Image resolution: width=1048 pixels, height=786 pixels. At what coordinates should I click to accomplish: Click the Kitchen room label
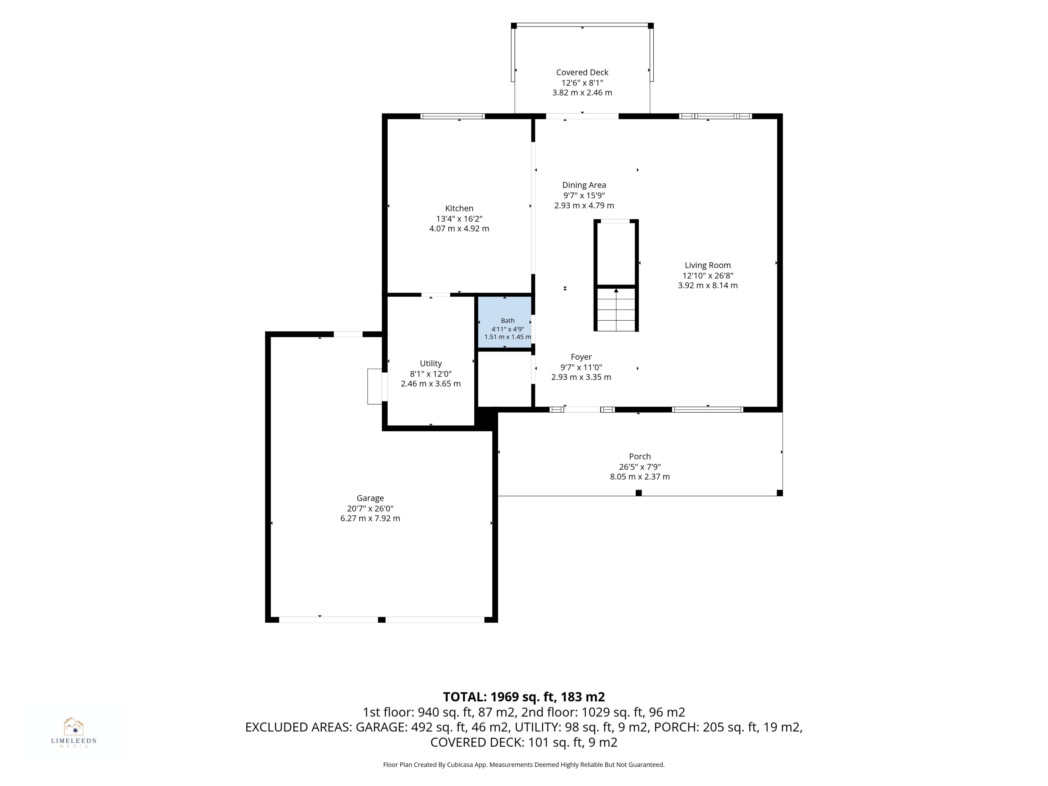pos(459,209)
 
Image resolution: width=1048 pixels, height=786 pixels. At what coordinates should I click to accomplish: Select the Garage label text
pos(370,498)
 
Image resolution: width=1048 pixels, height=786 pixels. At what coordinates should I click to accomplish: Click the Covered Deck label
pos(582,73)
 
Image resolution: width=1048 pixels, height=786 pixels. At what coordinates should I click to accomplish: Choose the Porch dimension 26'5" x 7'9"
pos(640,467)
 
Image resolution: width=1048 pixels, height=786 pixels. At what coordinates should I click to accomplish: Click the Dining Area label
pos(584,185)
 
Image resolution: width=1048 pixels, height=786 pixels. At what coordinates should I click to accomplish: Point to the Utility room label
pos(431,364)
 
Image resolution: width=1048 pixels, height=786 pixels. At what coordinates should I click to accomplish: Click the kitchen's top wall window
pos(452,116)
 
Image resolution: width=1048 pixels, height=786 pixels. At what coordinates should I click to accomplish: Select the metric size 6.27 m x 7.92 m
pos(370,518)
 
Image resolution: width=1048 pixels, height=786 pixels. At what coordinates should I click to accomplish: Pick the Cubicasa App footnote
pos(523,764)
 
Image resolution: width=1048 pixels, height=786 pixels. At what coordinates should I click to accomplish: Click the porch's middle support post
pos(639,493)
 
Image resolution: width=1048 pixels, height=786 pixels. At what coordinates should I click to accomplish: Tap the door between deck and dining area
pos(582,116)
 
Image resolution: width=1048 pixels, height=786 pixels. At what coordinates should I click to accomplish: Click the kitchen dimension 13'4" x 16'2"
pos(459,219)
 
